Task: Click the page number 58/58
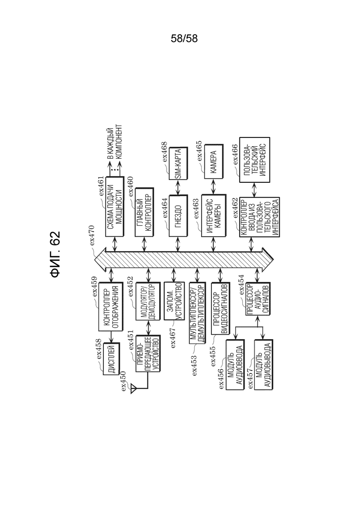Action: (x=184, y=39)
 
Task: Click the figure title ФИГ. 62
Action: (x=55, y=254)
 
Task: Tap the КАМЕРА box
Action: (x=214, y=162)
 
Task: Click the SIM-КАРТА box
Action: (x=178, y=163)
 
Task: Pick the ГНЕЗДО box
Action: (x=178, y=216)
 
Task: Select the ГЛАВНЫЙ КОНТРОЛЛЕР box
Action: (x=144, y=212)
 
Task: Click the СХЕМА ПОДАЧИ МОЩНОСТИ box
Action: (x=114, y=206)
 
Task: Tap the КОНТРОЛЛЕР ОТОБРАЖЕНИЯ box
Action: (x=111, y=307)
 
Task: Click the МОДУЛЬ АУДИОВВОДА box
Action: (x=235, y=365)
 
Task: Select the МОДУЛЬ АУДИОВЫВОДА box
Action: (x=264, y=365)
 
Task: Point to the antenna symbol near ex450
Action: (x=133, y=389)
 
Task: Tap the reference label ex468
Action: (x=164, y=152)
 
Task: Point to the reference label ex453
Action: (x=194, y=365)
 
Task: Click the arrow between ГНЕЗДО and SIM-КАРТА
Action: (x=178, y=187)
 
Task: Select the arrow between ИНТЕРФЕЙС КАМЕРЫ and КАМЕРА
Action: (x=213, y=186)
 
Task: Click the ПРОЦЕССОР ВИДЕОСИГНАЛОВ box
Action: (x=220, y=309)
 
